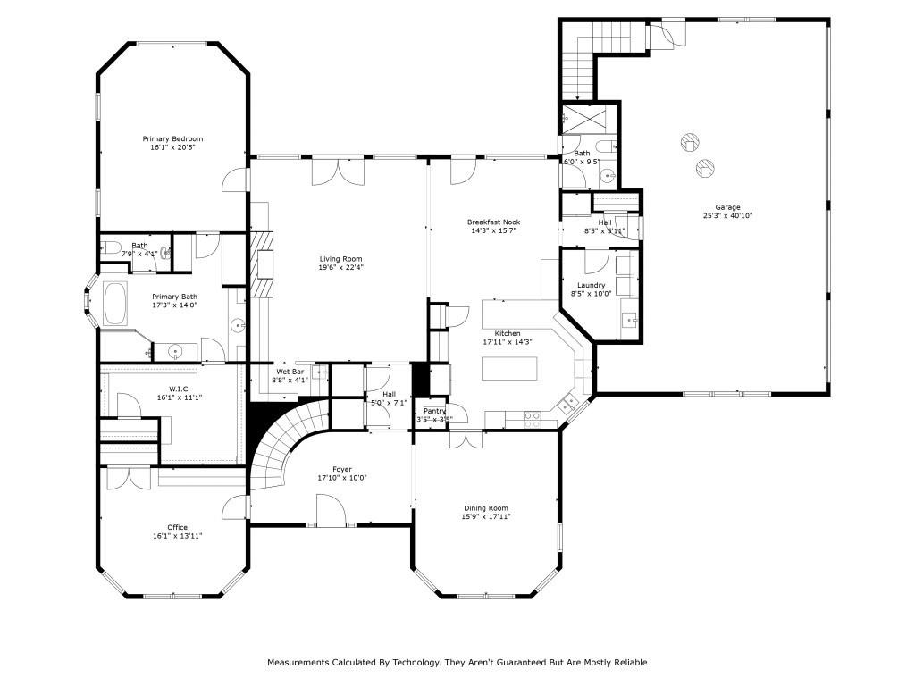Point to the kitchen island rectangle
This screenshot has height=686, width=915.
coord(511,369)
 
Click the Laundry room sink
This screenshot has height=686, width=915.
coord(629,319)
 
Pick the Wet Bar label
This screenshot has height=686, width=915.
coord(290,371)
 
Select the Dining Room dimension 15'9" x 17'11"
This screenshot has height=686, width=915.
coord(485,517)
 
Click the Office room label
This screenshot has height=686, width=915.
coord(171,527)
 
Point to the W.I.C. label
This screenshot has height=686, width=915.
coord(176,389)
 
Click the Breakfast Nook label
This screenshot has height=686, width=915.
coord(493,222)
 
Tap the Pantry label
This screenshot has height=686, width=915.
coord(434,411)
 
